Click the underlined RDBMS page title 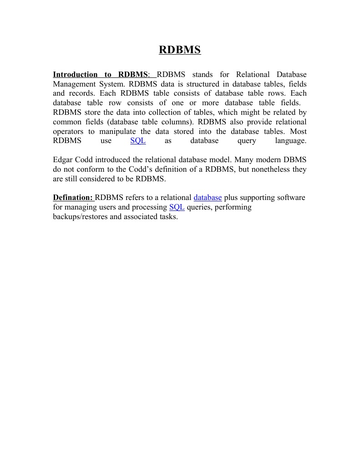tap(180, 50)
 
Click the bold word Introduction tap(75, 74)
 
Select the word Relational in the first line tap(253, 74)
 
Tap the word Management tap(74, 84)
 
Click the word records tap(81, 93)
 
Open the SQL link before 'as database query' tap(138, 141)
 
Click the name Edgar tap(63, 160)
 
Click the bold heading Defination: tap(73, 198)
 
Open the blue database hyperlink tap(208, 198)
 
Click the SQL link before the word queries tap(177, 207)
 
